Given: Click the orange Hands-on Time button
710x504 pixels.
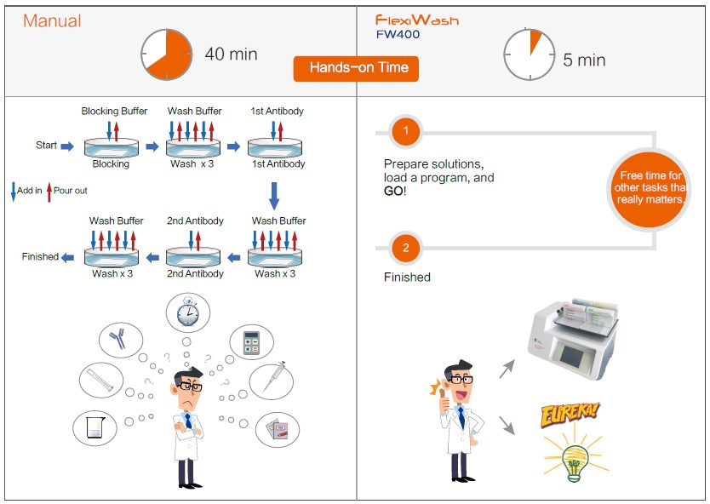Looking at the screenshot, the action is coord(356,68).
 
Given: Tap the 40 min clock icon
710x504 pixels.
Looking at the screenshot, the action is coord(167,54).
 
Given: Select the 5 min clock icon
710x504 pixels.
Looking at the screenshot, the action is coord(530,54).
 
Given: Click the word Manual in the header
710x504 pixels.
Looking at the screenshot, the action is coord(52,20).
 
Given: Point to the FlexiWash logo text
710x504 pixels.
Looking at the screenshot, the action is coord(417,20).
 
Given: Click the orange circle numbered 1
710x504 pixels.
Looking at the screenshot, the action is coord(406,131).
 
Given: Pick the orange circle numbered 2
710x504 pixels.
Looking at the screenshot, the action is coord(406,248).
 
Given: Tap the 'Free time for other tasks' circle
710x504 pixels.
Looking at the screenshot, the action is coord(650,189).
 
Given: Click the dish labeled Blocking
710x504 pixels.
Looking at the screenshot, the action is coord(112,147).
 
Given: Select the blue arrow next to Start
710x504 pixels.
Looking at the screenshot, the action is coord(67,146).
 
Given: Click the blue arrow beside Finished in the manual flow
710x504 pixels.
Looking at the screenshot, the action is coord(67,258).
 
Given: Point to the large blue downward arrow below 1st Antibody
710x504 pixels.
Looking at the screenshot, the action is coord(274,196).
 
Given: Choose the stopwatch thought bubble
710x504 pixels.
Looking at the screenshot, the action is coord(188,312).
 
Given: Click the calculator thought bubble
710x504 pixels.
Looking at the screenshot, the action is coord(251,342).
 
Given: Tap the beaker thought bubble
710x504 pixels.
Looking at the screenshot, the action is coord(94,427).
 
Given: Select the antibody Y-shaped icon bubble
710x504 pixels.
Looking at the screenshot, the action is coord(121,340).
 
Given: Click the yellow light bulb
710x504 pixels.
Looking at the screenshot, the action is coord(575,461).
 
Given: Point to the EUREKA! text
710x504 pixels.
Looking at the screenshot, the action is coord(570,414).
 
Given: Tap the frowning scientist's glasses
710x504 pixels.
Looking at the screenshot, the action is coord(190,387).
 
